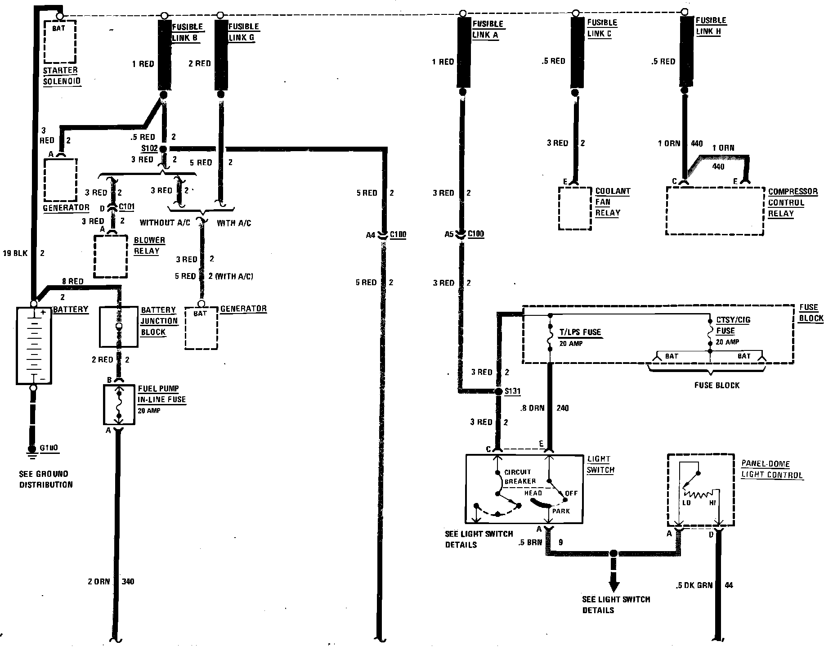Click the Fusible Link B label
tap(188, 32)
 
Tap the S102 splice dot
tap(163, 149)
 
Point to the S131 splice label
tap(512, 391)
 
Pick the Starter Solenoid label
tap(61, 76)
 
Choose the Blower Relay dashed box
tap(111, 256)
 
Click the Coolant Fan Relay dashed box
tap(574, 208)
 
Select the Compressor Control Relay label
tap(792, 202)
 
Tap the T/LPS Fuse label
tap(580, 332)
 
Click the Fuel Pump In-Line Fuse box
tap(119, 404)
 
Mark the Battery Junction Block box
tap(118, 327)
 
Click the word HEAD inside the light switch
tap(533, 493)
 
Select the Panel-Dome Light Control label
tap(771, 469)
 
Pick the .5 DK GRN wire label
tap(694, 585)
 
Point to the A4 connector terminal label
tap(370, 235)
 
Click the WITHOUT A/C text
tap(165, 223)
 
